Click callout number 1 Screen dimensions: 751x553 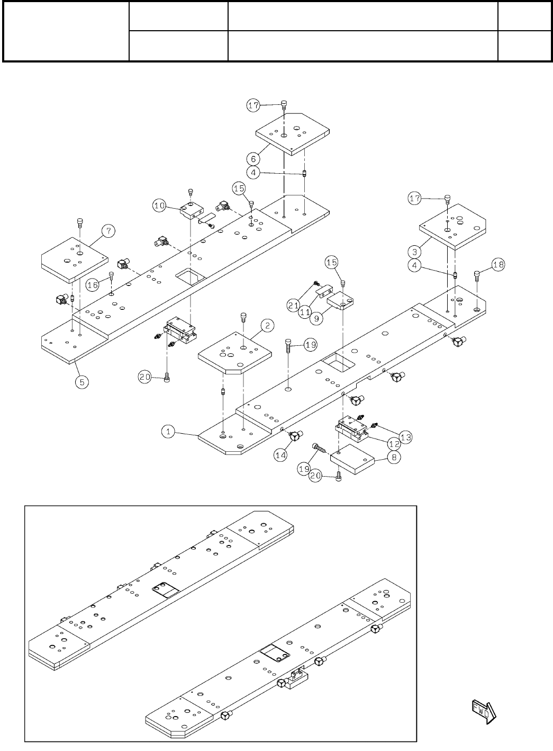coord(168,432)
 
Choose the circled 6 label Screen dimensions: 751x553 coord(253,158)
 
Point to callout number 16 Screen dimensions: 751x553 coord(93,285)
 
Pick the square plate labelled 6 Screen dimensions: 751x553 coord(292,132)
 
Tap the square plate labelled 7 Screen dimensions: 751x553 coord(74,258)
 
